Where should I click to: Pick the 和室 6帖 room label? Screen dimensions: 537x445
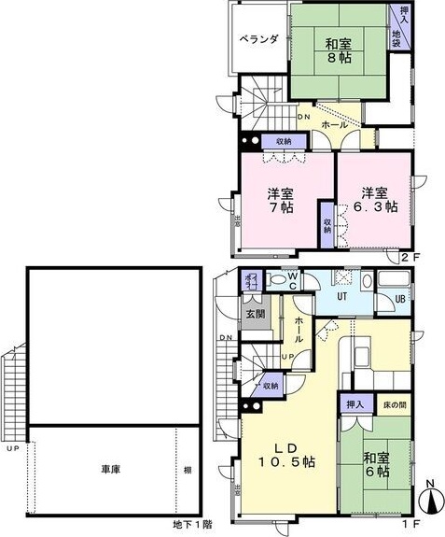[377, 465]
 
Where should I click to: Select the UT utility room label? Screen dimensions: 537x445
[342, 297]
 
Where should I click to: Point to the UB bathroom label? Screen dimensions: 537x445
[401, 299]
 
